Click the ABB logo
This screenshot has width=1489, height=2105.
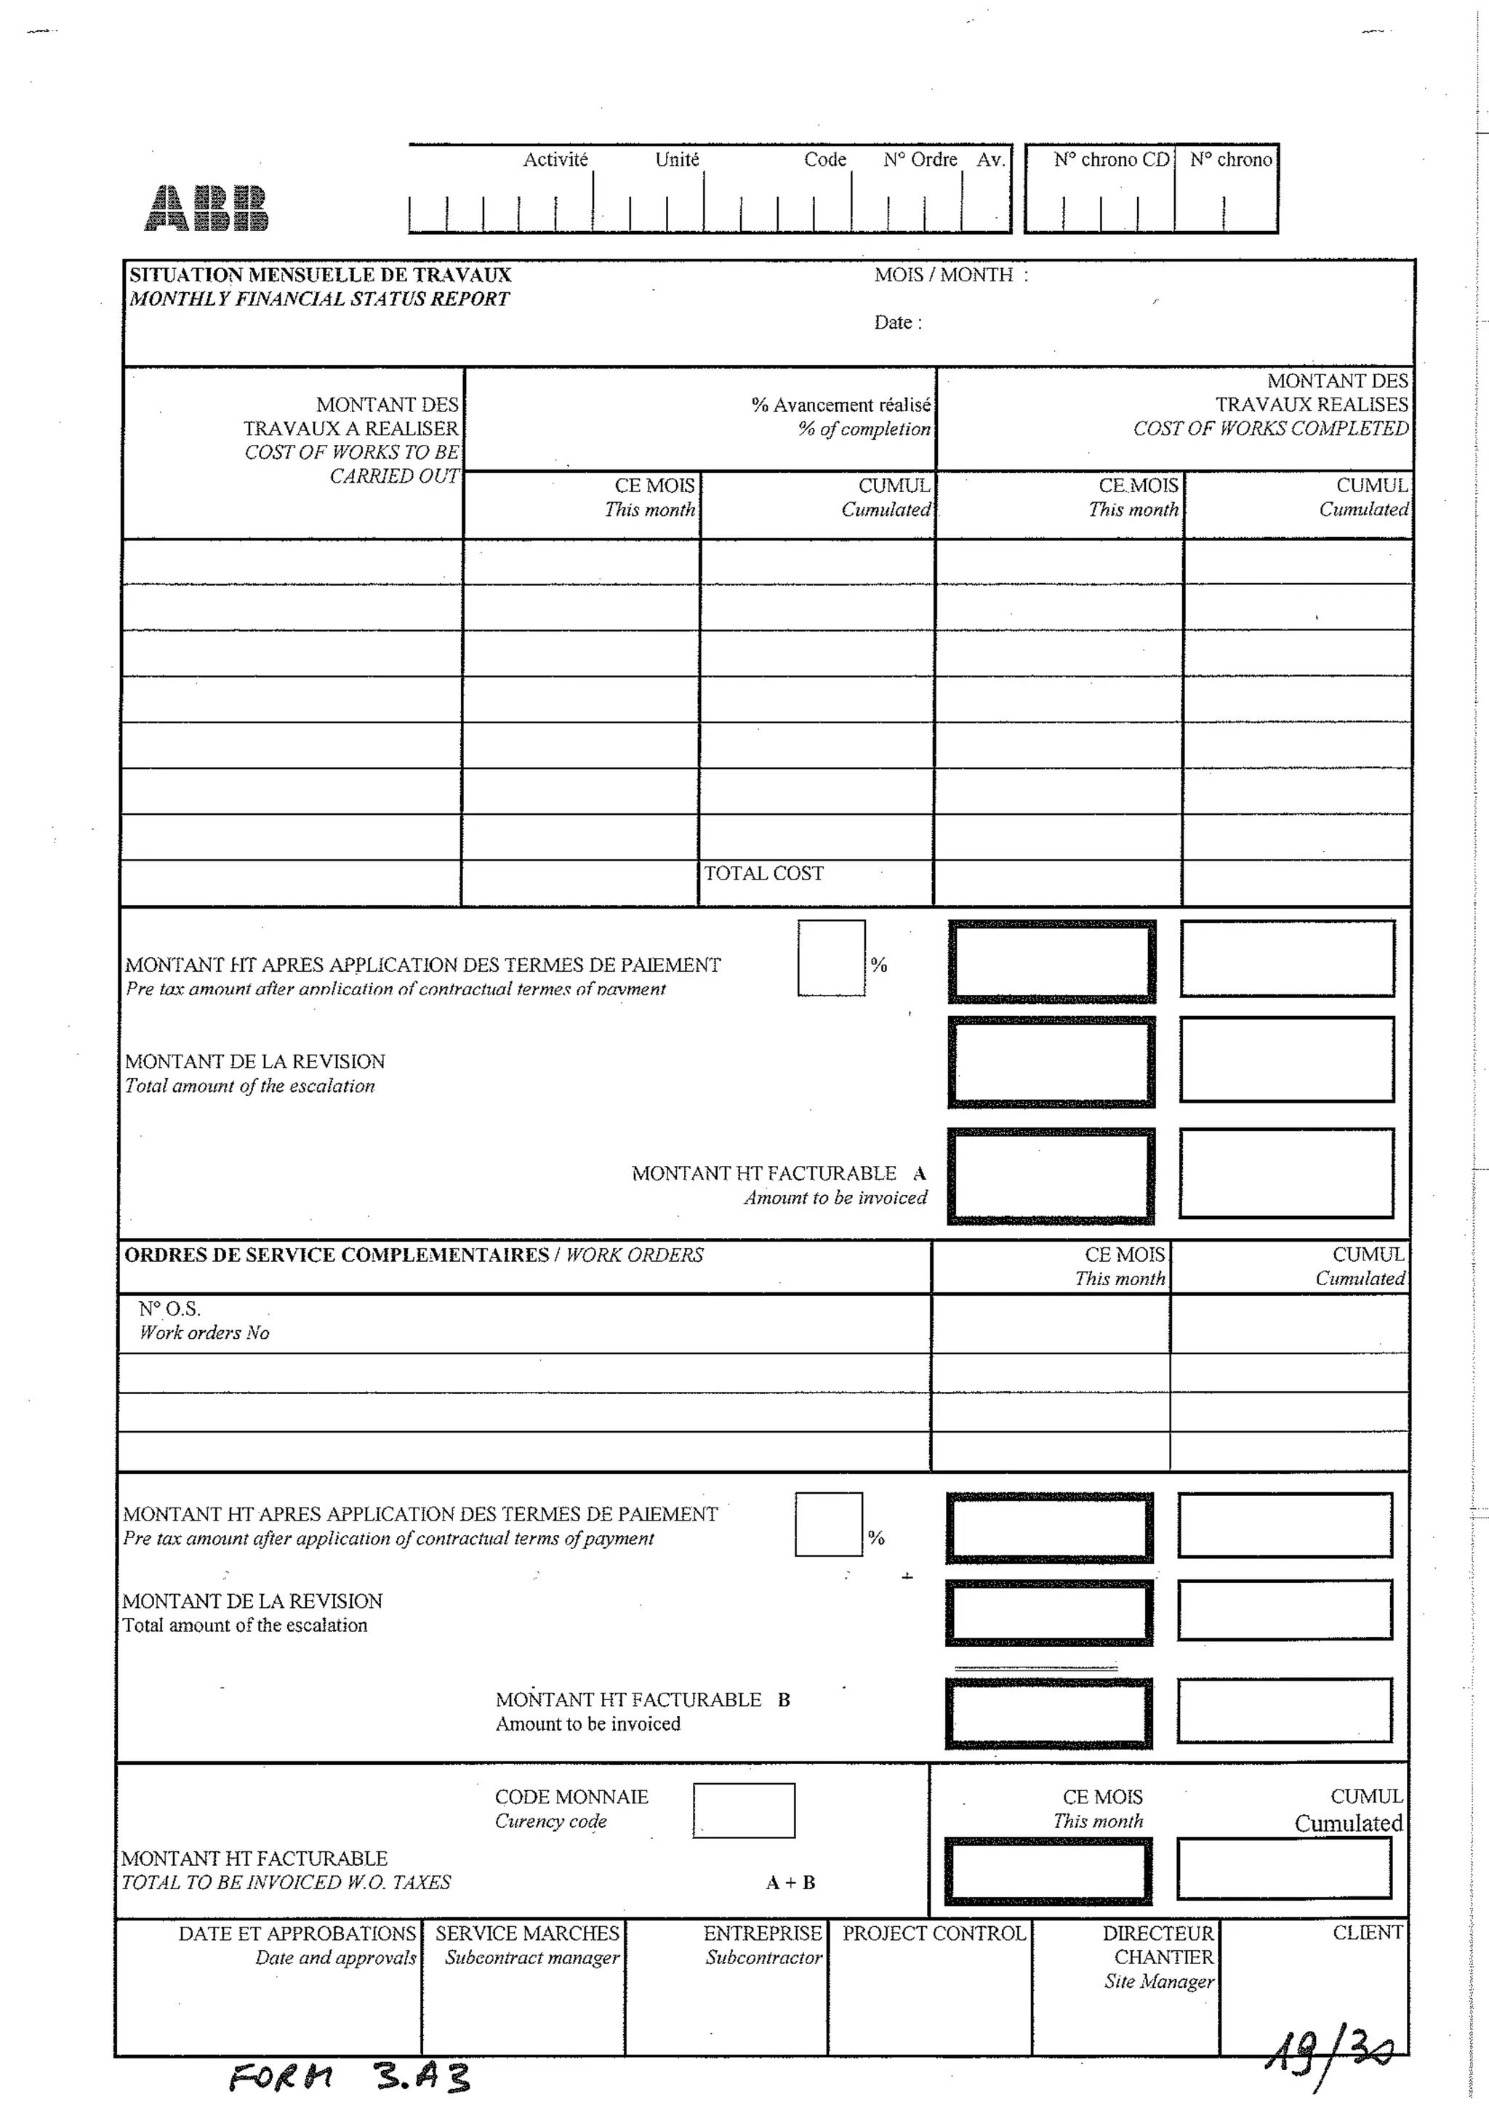pos(207,208)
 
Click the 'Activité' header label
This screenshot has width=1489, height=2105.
pos(555,159)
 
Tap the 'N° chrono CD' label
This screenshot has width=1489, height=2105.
pos(1111,159)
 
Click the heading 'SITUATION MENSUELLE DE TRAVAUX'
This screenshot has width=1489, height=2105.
pos(320,275)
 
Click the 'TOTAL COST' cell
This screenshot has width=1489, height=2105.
pos(763,874)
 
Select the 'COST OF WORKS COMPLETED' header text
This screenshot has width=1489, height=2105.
pos(1270,428)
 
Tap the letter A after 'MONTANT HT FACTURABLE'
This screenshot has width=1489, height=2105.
pos(920,1173)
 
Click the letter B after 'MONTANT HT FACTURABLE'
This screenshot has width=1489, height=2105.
pos(784,1699)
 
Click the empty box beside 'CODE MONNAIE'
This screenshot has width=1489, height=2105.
pos(744,1810)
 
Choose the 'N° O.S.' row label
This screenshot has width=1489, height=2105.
pos(169,1309)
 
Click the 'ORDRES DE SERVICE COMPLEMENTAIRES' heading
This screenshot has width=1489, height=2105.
pos(336,1255)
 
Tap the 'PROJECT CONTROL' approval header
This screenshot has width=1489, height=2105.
pos(934,1933)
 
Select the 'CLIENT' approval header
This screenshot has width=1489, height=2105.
pos(1367,1932)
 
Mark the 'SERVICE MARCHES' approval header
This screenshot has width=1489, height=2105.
pos(527,1933)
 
